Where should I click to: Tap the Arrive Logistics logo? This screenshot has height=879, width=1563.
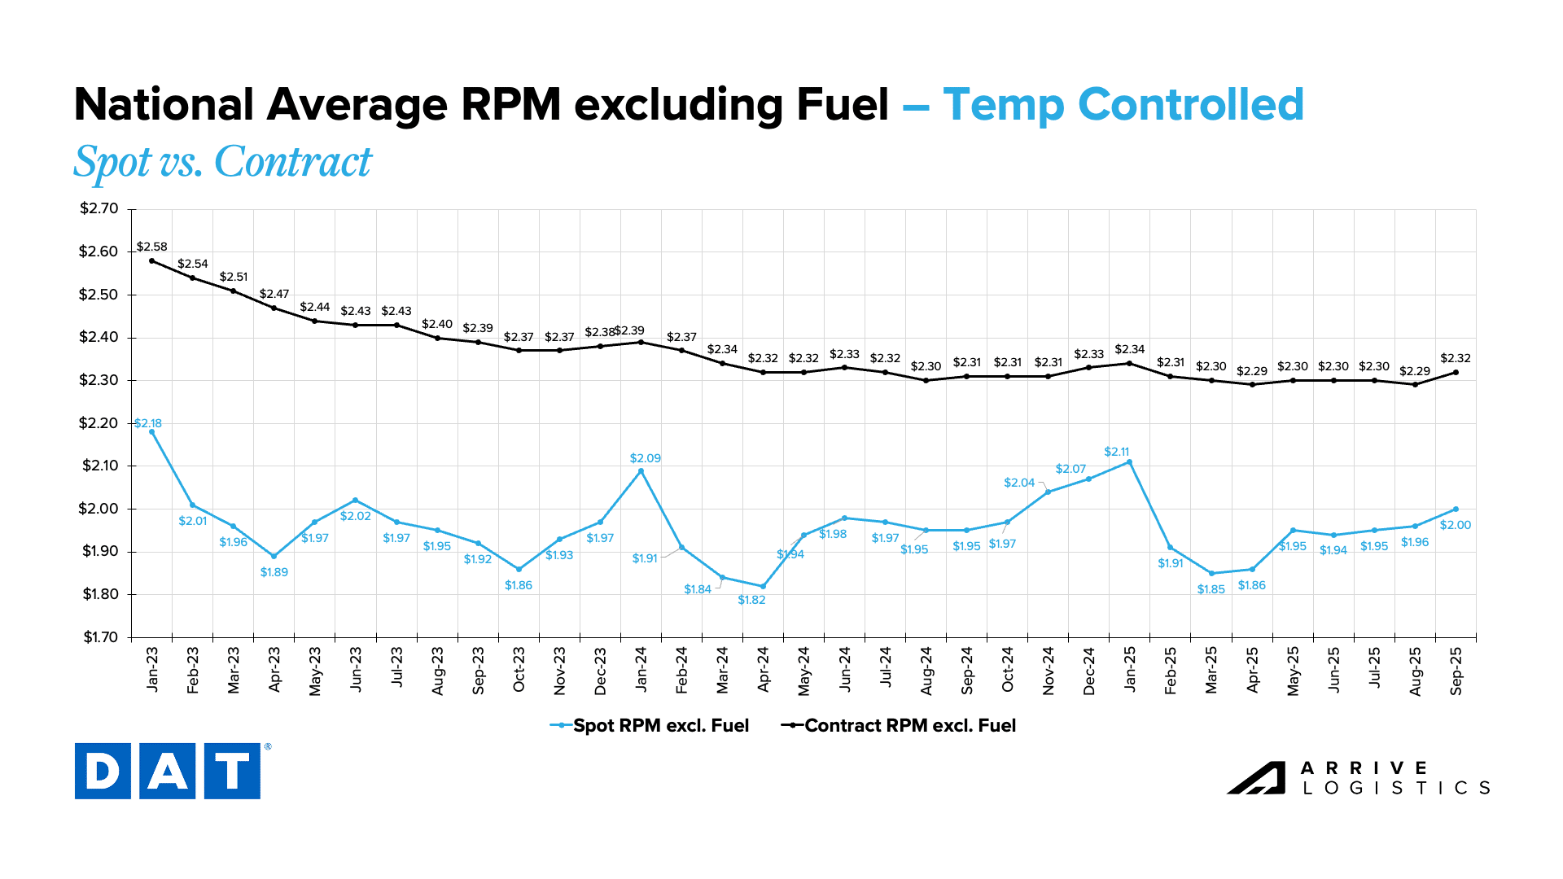tap(1359, 778)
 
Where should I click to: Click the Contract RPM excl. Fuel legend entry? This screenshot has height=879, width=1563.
tap(899, 725)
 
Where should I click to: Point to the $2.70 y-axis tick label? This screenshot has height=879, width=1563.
tap(99, 208)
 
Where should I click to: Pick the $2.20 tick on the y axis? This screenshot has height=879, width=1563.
tap(99, 423)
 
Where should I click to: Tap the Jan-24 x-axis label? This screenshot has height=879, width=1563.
tap(641, 670)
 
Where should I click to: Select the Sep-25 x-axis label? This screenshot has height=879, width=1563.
tap(1456, 671)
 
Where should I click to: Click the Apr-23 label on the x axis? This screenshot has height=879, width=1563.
tap(274, 670)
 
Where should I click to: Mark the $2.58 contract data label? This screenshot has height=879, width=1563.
tap(152, 247)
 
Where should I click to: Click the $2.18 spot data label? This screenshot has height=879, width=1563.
tap(148, 423)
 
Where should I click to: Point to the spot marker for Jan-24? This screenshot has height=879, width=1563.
tap(641, 470)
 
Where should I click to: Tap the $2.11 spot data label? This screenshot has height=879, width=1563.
tap(1117, 452)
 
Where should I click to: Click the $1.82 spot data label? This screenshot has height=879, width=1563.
tap(751, 600)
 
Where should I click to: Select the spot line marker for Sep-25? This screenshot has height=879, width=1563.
tap(1456, 509)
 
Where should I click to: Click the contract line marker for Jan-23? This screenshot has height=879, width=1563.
tap(152, 260)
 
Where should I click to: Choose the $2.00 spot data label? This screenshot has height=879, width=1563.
tap(1456, 525)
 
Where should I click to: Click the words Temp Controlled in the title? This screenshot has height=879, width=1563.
tap(1123, 105)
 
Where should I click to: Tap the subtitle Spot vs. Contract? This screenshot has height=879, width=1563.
tap(222, 162)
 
